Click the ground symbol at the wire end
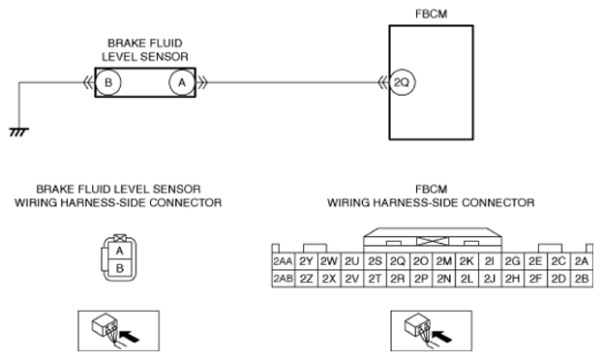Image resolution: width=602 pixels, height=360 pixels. coord(18,133)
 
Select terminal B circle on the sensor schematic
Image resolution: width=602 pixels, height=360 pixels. coord(108,82)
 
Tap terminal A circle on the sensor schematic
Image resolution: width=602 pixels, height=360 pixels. coord(182,82)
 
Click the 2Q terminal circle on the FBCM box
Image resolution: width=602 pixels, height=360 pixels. coord(403,82)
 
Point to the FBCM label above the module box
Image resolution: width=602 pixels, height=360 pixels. coord(431,14)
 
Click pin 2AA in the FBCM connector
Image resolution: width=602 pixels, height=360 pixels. coord(283,261)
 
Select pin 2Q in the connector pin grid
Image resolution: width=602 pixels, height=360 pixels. coord(398,261)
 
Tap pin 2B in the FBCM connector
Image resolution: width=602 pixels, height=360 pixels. coord(582,279)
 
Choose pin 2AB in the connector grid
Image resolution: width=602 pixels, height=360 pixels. coord(283,279)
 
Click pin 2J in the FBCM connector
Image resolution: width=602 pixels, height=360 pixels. coord(490,279)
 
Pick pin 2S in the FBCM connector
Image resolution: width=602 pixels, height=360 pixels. coord(375,261)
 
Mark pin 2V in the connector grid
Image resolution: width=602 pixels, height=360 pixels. coord(351,279)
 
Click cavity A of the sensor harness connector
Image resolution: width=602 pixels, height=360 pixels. coord(120,251)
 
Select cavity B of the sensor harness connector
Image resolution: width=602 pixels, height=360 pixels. coord(120,268)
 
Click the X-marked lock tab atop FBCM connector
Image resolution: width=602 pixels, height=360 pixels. coord(433,241)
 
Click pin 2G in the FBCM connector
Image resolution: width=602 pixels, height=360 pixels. coord(513,261)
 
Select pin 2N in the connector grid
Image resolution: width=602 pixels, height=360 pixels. coord(444,279)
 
